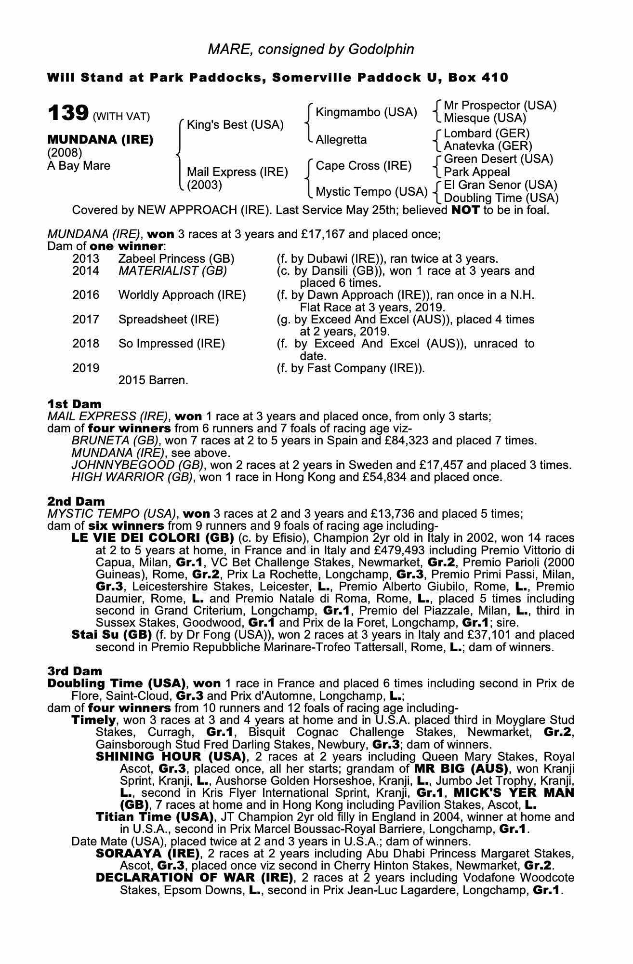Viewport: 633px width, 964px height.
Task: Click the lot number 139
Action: [x=68, y=113]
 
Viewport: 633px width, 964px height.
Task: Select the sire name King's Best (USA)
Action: [x=235, y=125]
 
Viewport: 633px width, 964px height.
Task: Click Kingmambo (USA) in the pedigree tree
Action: [x=366, y=112]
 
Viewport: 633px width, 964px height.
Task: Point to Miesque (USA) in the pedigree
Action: [x=485, y=118]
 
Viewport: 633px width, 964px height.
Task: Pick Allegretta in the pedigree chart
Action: [x=341, y=140]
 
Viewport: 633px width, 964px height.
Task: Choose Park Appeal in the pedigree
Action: [x=476, y=172]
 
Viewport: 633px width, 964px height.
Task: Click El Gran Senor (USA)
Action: [x=500, y=185]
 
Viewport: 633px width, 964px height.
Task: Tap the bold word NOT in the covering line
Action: [x=465, y=210]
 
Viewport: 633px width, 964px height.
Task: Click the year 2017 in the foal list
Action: [x=86, y=320]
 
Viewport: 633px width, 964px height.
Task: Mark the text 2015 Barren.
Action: [x=153, y=380]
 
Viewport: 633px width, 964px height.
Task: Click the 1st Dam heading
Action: [x=75, y=404]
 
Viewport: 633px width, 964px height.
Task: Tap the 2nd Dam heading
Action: [x=76, y=501]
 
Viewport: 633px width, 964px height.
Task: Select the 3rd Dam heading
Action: [x=75, y=671]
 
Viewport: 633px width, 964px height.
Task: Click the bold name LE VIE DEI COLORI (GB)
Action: [x=152, y=538]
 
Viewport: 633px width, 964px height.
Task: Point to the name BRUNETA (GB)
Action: [x=115, y=441]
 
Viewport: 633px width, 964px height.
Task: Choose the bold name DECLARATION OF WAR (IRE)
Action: [x=194, y=877]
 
